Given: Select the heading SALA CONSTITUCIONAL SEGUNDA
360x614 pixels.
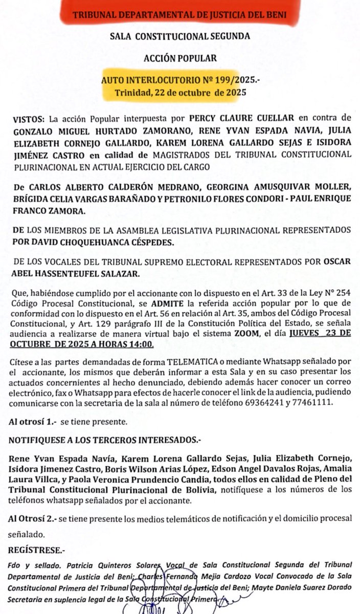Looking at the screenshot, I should point(180,36).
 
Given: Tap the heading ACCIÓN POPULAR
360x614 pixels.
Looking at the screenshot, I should point(180,58).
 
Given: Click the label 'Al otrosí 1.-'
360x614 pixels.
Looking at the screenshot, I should point(32,423).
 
